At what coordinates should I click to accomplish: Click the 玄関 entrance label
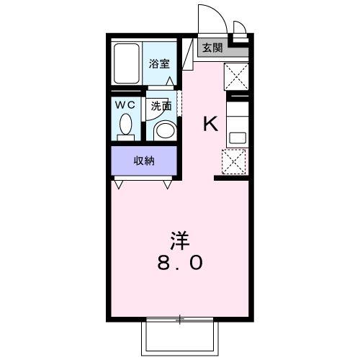click(x=212, y=48)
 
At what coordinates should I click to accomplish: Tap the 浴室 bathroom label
click(x=159, y=63)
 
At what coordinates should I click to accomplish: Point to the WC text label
click(x=127, y=104)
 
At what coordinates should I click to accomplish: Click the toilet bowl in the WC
click(x=127, y=125)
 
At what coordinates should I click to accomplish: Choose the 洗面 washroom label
click(x=161, y=105)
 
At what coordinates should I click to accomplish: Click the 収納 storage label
click(x=144, y=161)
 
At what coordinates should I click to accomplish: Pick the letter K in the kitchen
click(x=210, y=125)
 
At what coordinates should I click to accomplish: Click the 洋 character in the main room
click(x=180, y=238)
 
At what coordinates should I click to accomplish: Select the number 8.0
click(x=180, y=264)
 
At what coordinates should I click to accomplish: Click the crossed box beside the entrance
click(x=237, y=76)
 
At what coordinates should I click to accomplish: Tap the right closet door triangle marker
click(x=168, y=185)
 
